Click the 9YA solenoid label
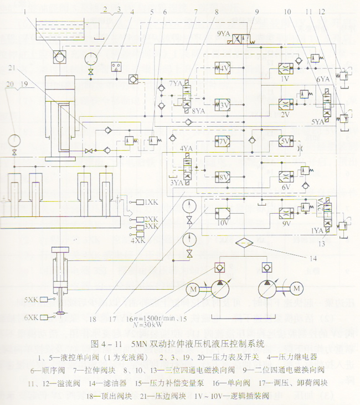click(x=223, y=33)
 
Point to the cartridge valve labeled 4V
click(x=223, y=69)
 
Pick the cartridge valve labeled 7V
click(x=223, y=142)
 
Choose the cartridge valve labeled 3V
click(x=223, y=104)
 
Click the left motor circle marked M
click(x=193, y=289)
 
